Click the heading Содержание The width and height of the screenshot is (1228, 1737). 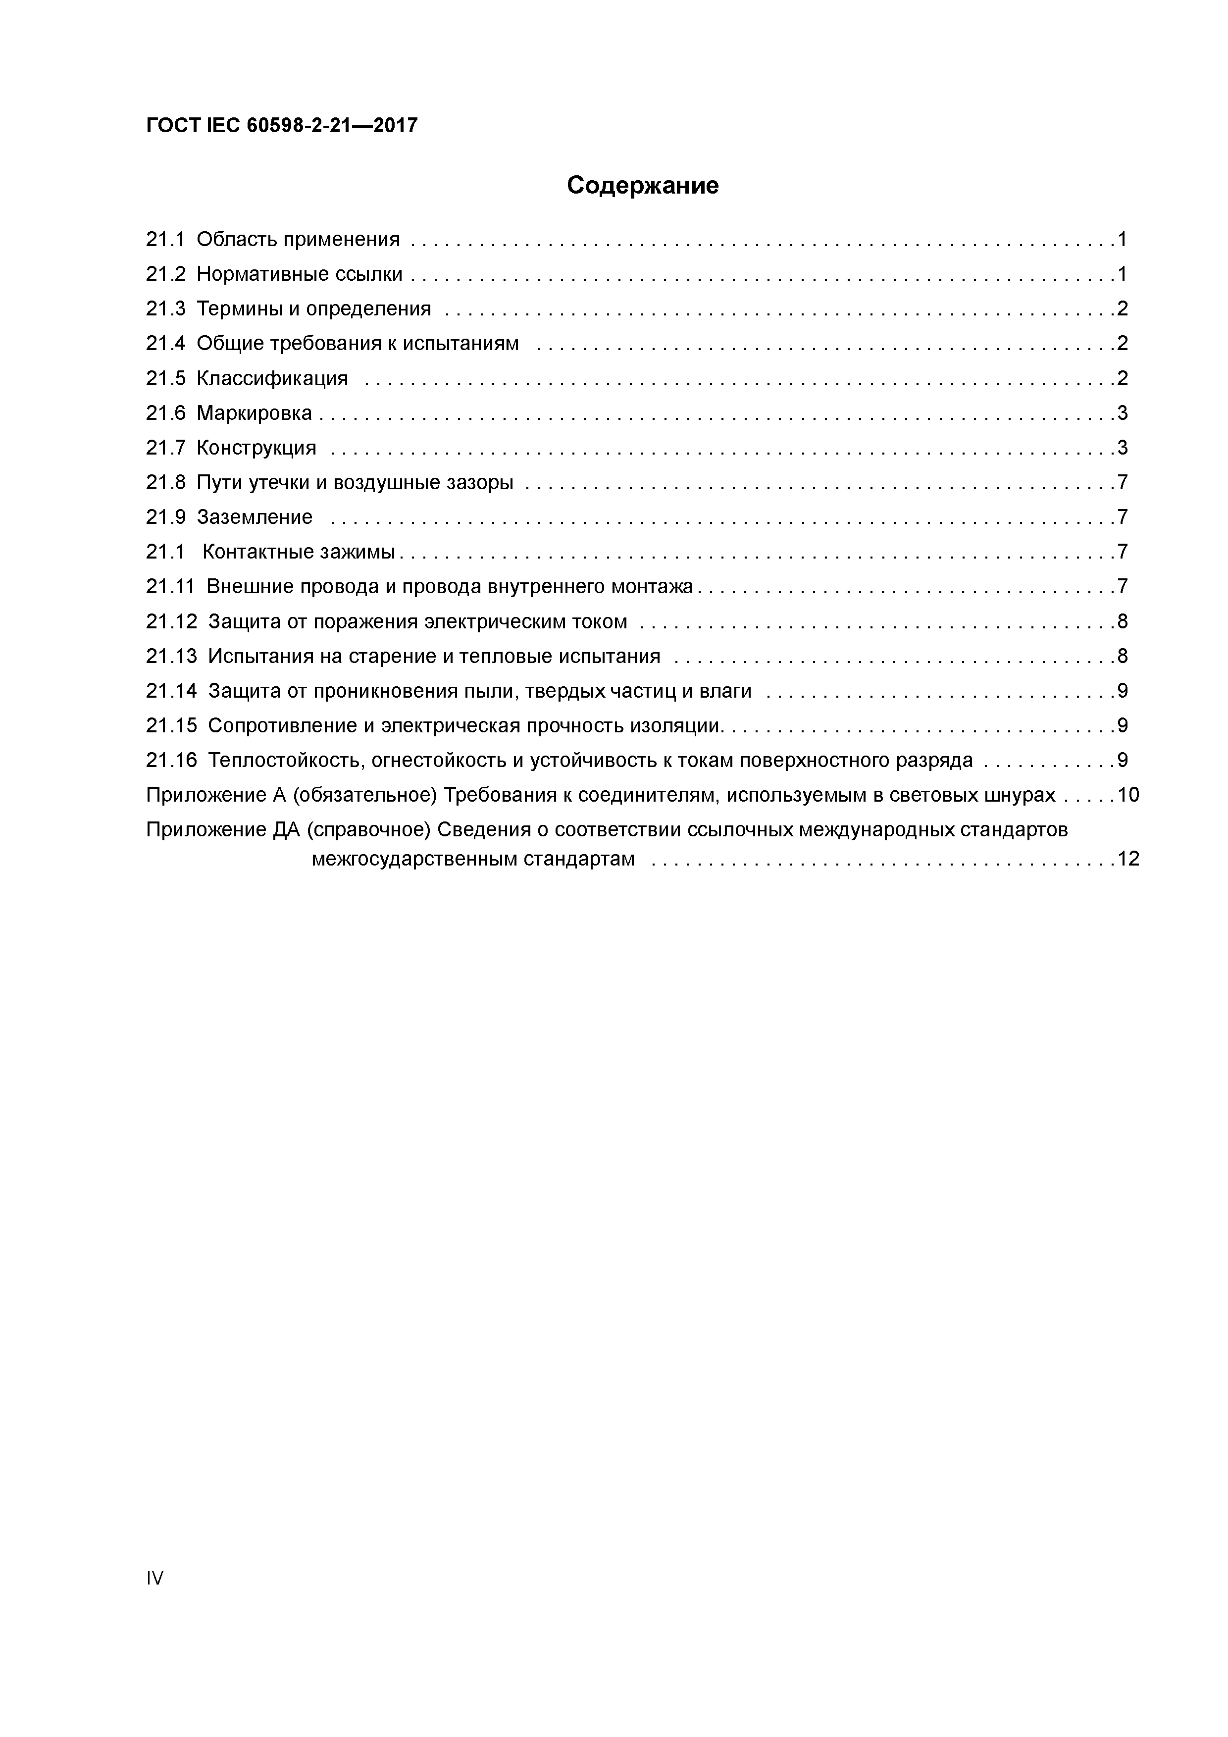[642, 185]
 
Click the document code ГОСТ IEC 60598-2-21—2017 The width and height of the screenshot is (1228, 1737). [281, 126]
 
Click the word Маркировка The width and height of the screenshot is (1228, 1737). [254, 413]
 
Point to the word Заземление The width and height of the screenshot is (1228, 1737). [254, 517]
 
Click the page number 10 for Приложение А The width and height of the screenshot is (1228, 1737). [1127, 795]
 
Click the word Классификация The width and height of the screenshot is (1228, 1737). [272, 378]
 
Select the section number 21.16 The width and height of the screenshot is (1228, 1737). [171, 761]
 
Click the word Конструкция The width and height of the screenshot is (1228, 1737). [256, 448]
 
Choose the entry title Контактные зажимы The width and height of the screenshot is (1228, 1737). [299, 552]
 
